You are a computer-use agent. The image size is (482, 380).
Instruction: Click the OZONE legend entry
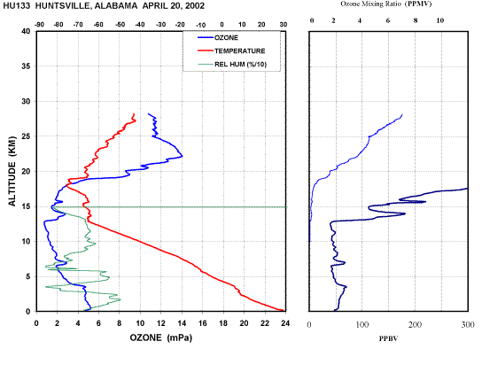(218, 38)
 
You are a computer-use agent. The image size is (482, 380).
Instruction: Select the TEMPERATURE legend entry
(231, 51)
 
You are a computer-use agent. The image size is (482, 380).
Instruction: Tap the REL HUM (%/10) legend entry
(232, 65)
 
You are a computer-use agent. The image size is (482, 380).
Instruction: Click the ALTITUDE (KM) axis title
(12, 171)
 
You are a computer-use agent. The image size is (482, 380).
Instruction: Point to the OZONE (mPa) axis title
(161, 337)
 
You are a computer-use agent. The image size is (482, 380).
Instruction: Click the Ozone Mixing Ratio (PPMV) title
(386, 4)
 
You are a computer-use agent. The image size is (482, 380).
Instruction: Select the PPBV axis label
(388, 338)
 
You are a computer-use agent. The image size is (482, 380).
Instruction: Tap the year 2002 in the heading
(195, 6)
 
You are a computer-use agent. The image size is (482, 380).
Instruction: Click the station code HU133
(17, 6)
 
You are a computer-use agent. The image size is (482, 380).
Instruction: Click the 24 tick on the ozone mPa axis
(285, 323)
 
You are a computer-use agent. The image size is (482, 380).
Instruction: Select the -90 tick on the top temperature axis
(39, 25)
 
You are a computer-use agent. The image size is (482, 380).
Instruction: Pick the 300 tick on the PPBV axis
(468, 325)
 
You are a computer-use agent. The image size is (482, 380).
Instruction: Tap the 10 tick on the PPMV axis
(440, 20)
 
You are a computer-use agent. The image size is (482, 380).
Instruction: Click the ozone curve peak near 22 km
(182, 156)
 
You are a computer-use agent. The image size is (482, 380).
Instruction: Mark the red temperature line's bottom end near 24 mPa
(283, 310)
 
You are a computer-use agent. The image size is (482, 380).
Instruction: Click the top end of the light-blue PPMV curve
(402, 114)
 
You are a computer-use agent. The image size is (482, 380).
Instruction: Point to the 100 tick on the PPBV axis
(362, 325)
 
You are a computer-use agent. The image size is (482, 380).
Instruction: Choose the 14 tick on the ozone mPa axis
(182, 323)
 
